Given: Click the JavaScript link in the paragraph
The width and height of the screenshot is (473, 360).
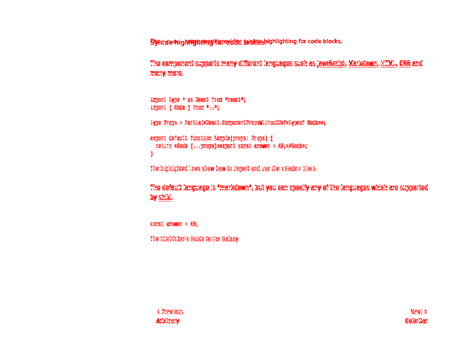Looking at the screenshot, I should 331,63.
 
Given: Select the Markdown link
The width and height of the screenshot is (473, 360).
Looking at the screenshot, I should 363,63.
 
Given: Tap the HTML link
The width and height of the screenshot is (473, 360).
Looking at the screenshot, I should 388,63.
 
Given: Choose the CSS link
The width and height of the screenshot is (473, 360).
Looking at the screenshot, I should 405,63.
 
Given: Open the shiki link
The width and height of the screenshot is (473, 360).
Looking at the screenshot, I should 165,197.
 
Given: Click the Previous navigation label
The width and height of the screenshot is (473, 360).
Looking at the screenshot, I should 170,312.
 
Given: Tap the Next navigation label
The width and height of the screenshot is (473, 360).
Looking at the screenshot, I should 418,312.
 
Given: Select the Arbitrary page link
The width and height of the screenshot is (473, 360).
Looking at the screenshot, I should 168,321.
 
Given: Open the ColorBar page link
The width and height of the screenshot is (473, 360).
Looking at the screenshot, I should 416,321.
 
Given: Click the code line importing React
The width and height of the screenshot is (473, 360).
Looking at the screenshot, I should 198,100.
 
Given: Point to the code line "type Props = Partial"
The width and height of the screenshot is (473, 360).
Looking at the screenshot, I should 238,123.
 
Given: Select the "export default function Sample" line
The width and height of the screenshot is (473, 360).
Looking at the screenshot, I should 211,138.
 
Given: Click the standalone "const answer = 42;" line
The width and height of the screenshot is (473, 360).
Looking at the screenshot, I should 174,224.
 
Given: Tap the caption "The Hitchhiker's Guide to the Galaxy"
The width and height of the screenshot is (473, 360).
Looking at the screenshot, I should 194,239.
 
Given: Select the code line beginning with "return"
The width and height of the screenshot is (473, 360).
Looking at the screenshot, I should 231,146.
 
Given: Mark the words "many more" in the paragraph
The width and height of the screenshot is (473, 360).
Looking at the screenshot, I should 166,73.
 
